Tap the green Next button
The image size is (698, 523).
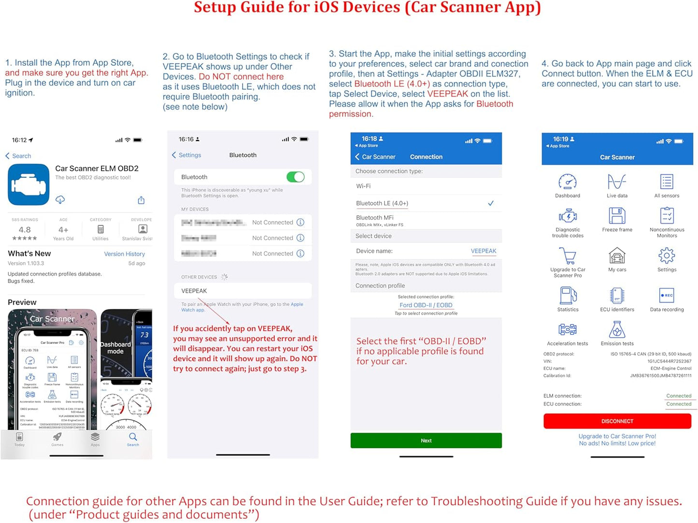[x=426, y=440]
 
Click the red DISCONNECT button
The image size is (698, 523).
[x=617, y=421]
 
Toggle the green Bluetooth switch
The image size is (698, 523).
[x=295, y=177]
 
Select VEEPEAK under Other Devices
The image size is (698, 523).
[x=194, y=291]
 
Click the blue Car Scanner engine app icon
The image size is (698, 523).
[x=28, y=184]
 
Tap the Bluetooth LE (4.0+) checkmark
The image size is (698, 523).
[x=490, y=203]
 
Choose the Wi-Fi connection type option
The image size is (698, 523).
[x=364, y=186]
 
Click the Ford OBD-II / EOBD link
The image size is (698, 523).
[x=426, y=305]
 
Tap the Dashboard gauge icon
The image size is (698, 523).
[x=567, y=182]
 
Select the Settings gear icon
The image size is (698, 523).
[x=666, y=255]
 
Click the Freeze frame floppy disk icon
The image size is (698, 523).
[x=617, y=216]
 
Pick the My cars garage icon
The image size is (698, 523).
[x=617, y=255]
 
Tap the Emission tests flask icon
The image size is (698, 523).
[x=617, y=330]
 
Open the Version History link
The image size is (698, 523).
[x=124, y=254]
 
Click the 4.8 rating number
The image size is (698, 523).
[x=25, y=230]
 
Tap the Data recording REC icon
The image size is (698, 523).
[x=666, y=295]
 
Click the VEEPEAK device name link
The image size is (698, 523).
[x=483, y=251]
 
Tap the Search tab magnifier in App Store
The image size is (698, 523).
[x=133, y=437]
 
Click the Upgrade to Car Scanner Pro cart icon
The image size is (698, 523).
[x=568, y=255]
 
